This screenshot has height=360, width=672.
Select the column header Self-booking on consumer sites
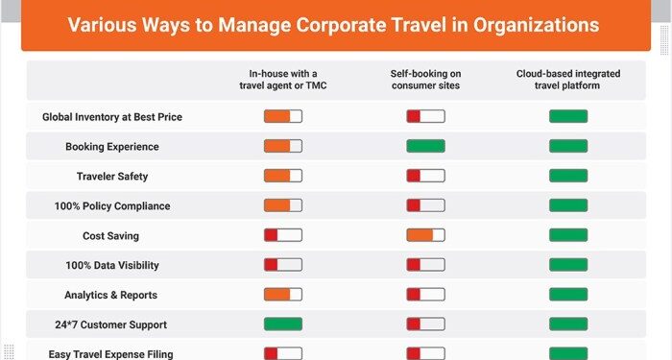tap(425, 79)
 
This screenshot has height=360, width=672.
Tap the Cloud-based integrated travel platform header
tap(568, 79)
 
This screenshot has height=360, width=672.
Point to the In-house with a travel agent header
tap(283, 79)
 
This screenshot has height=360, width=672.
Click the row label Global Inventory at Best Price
tap(112, 117)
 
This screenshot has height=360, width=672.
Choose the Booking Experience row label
tap(112, 147)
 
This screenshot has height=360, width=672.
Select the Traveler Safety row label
tap(112, 177)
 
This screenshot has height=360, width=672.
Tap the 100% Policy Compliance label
tap(112, 206)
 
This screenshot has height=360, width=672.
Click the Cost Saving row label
tap(111, 236)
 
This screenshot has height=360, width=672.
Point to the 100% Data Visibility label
tap(112, 266)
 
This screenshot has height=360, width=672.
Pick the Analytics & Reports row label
tap(111, 296)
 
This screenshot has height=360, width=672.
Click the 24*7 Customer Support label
tap(111, 325)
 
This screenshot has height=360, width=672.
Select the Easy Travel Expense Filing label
tap(112, 354)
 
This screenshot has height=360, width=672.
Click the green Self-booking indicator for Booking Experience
tap(425, 146)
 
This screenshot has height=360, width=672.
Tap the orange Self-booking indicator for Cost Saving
tap(425, 235)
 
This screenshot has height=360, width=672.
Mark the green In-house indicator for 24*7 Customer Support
tap(283, 324)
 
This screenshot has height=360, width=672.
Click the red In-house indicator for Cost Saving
tap(283, 235)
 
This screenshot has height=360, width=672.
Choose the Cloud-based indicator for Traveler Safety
tap(568, 176)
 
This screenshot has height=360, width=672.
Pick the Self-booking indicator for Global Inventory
tap(425, 116)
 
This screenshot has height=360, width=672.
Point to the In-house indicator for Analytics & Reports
tap(283, 295)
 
